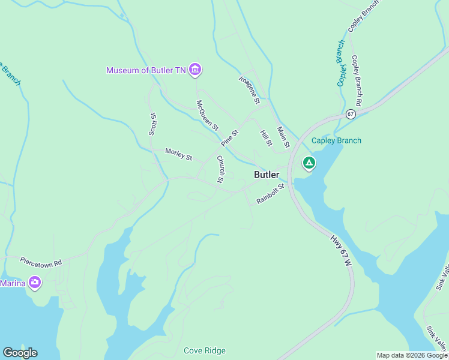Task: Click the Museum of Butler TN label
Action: coord(146,70)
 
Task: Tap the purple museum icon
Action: coord(194,70)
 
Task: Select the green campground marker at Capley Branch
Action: coord(309,163)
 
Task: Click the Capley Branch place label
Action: coord(336,141)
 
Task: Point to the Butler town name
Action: coord(267,175)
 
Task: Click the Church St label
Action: coord(221,169)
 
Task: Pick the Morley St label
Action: coord(178,155)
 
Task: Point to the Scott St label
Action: coord(152,123)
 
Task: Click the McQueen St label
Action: coord(208,116)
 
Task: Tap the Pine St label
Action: coord(230,138)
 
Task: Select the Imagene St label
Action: coord(249,90)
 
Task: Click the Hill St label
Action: coord(266,138)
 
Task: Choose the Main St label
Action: coord(283,137)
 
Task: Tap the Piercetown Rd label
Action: coord(41,262)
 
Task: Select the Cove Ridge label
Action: coord(205,350)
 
